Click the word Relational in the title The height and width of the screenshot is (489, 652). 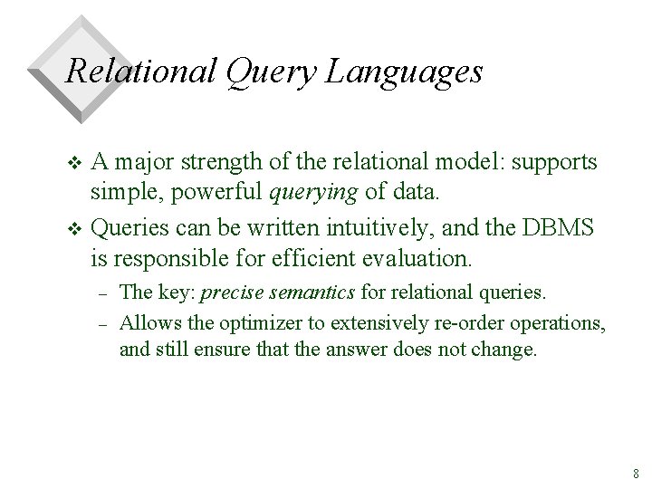140,71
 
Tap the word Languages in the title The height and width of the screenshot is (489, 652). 404,73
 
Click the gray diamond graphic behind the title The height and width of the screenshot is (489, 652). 81,70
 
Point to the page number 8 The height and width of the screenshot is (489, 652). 636,474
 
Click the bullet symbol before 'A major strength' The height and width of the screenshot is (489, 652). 74,163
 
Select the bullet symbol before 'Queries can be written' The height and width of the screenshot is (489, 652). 74,229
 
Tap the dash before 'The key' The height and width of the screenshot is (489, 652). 103,294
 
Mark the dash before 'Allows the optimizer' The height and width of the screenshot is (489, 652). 103,325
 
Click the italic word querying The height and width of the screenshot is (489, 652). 313,193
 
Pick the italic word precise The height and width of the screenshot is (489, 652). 232,292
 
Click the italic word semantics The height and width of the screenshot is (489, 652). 312,292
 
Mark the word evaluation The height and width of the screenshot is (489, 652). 417,258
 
